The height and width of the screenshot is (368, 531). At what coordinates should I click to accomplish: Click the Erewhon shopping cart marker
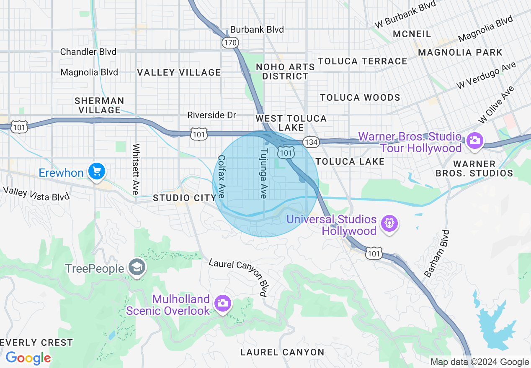tap(97, 171)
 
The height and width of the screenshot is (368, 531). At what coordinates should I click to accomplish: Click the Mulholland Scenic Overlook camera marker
tap(222, 302)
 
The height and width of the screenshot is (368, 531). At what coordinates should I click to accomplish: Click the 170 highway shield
tap(230, 42)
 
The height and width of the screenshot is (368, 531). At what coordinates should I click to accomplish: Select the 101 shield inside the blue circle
tap(286, 153)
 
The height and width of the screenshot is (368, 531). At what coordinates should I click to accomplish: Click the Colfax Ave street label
tap(222, 176)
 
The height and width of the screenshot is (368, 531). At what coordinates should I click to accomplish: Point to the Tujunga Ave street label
tap(263, 173)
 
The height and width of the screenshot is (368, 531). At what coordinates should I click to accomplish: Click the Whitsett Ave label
tap(136, 169)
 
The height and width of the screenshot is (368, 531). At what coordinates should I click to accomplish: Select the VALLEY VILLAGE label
tap(179, 72)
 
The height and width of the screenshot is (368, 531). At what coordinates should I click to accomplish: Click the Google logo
tap(28, 358)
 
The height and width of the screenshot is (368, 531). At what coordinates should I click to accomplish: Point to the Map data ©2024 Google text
tap(479, 362)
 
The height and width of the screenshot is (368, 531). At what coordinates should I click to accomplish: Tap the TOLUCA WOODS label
tap(360, 97)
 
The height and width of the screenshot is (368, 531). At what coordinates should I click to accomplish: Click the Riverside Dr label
tap(211, 115)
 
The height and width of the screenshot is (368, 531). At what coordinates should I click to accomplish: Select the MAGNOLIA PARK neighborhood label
tap(460, 52)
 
